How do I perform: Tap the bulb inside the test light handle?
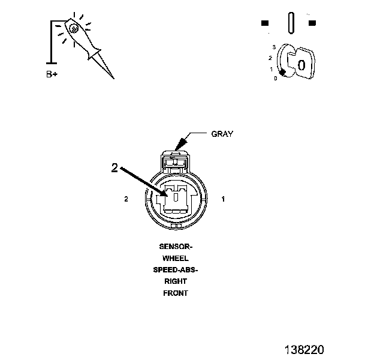pos(74,28)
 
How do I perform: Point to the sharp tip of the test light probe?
pos(113,78)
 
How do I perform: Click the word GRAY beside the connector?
pos(222,134)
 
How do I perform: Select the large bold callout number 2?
pos(115,168)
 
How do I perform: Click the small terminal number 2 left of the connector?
pos(126,199)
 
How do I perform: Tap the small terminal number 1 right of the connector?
pos(223,199)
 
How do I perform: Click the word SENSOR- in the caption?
pos(175,247)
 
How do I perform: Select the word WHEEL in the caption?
pos(175,258)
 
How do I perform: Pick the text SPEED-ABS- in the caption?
pos(175,269)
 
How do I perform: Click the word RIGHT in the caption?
pos(175,281)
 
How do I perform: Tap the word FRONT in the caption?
pos(175,293)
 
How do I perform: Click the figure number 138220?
pos(304,347)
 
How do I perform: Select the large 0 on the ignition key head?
pos(301,65)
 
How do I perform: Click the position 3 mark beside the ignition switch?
pos(274,47)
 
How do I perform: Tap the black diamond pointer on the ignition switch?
pos(282,73)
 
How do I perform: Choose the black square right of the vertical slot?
pos(312,23)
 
